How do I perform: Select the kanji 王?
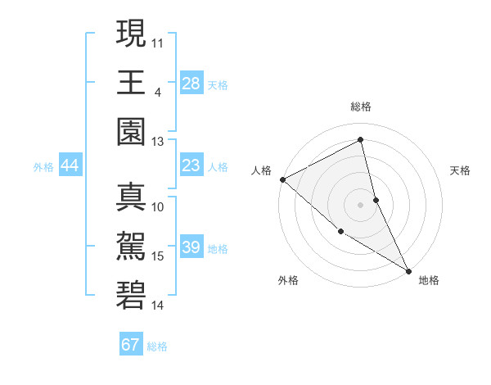(131, 83)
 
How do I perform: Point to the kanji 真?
(131, 197)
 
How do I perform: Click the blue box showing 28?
(191, 84)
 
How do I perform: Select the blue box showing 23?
(191, 166)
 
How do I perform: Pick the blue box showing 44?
(70, 166)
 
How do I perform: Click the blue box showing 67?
(130, 345)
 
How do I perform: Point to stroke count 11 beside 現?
(158, 42)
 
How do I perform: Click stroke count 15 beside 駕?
(158, 256)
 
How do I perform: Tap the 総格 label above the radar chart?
(360, 106)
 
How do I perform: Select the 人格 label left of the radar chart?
(261, 170)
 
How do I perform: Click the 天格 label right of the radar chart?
(461, 170)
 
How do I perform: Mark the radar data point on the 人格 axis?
(282, 179)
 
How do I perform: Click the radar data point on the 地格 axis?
(408, 270)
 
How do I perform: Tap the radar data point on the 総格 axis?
(360, 139)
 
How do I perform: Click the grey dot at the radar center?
(360, 204)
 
